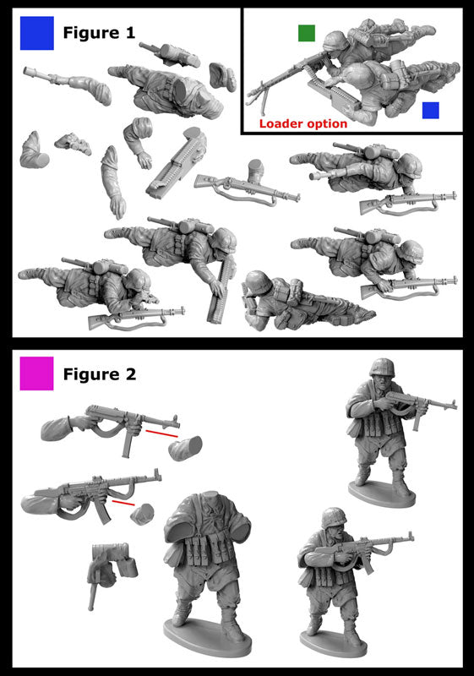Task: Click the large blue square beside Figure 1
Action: pyautogui.click(x=37, y=33)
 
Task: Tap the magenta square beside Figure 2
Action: pyautogui.click(x=37, y=373)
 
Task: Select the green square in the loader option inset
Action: pyautogui.click(x=307, y=33)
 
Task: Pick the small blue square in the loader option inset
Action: pyautogui.click(x=430, y=110)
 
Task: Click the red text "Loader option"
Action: pyautogui.click(x=303, y=123)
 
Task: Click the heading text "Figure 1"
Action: pyautogui.click(x=99, y=33)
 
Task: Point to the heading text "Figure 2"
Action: pyautogui.click(x=100, y=374)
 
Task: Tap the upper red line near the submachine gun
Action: pyautogui.click(x=161, y=433)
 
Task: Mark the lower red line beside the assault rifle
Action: pyautogui.click(x=123, y=503)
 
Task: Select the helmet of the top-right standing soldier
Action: pyautogui.click(x=382, y=368)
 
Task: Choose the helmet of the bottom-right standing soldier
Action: pyautogui.click(x=335, y=517)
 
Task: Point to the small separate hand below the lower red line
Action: pyautogui.click(x=142, y=514)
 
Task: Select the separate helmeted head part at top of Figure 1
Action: pyautogui.click(x=222, y=77)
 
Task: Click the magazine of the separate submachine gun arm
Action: pyautogui.click(x=127, y=442)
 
